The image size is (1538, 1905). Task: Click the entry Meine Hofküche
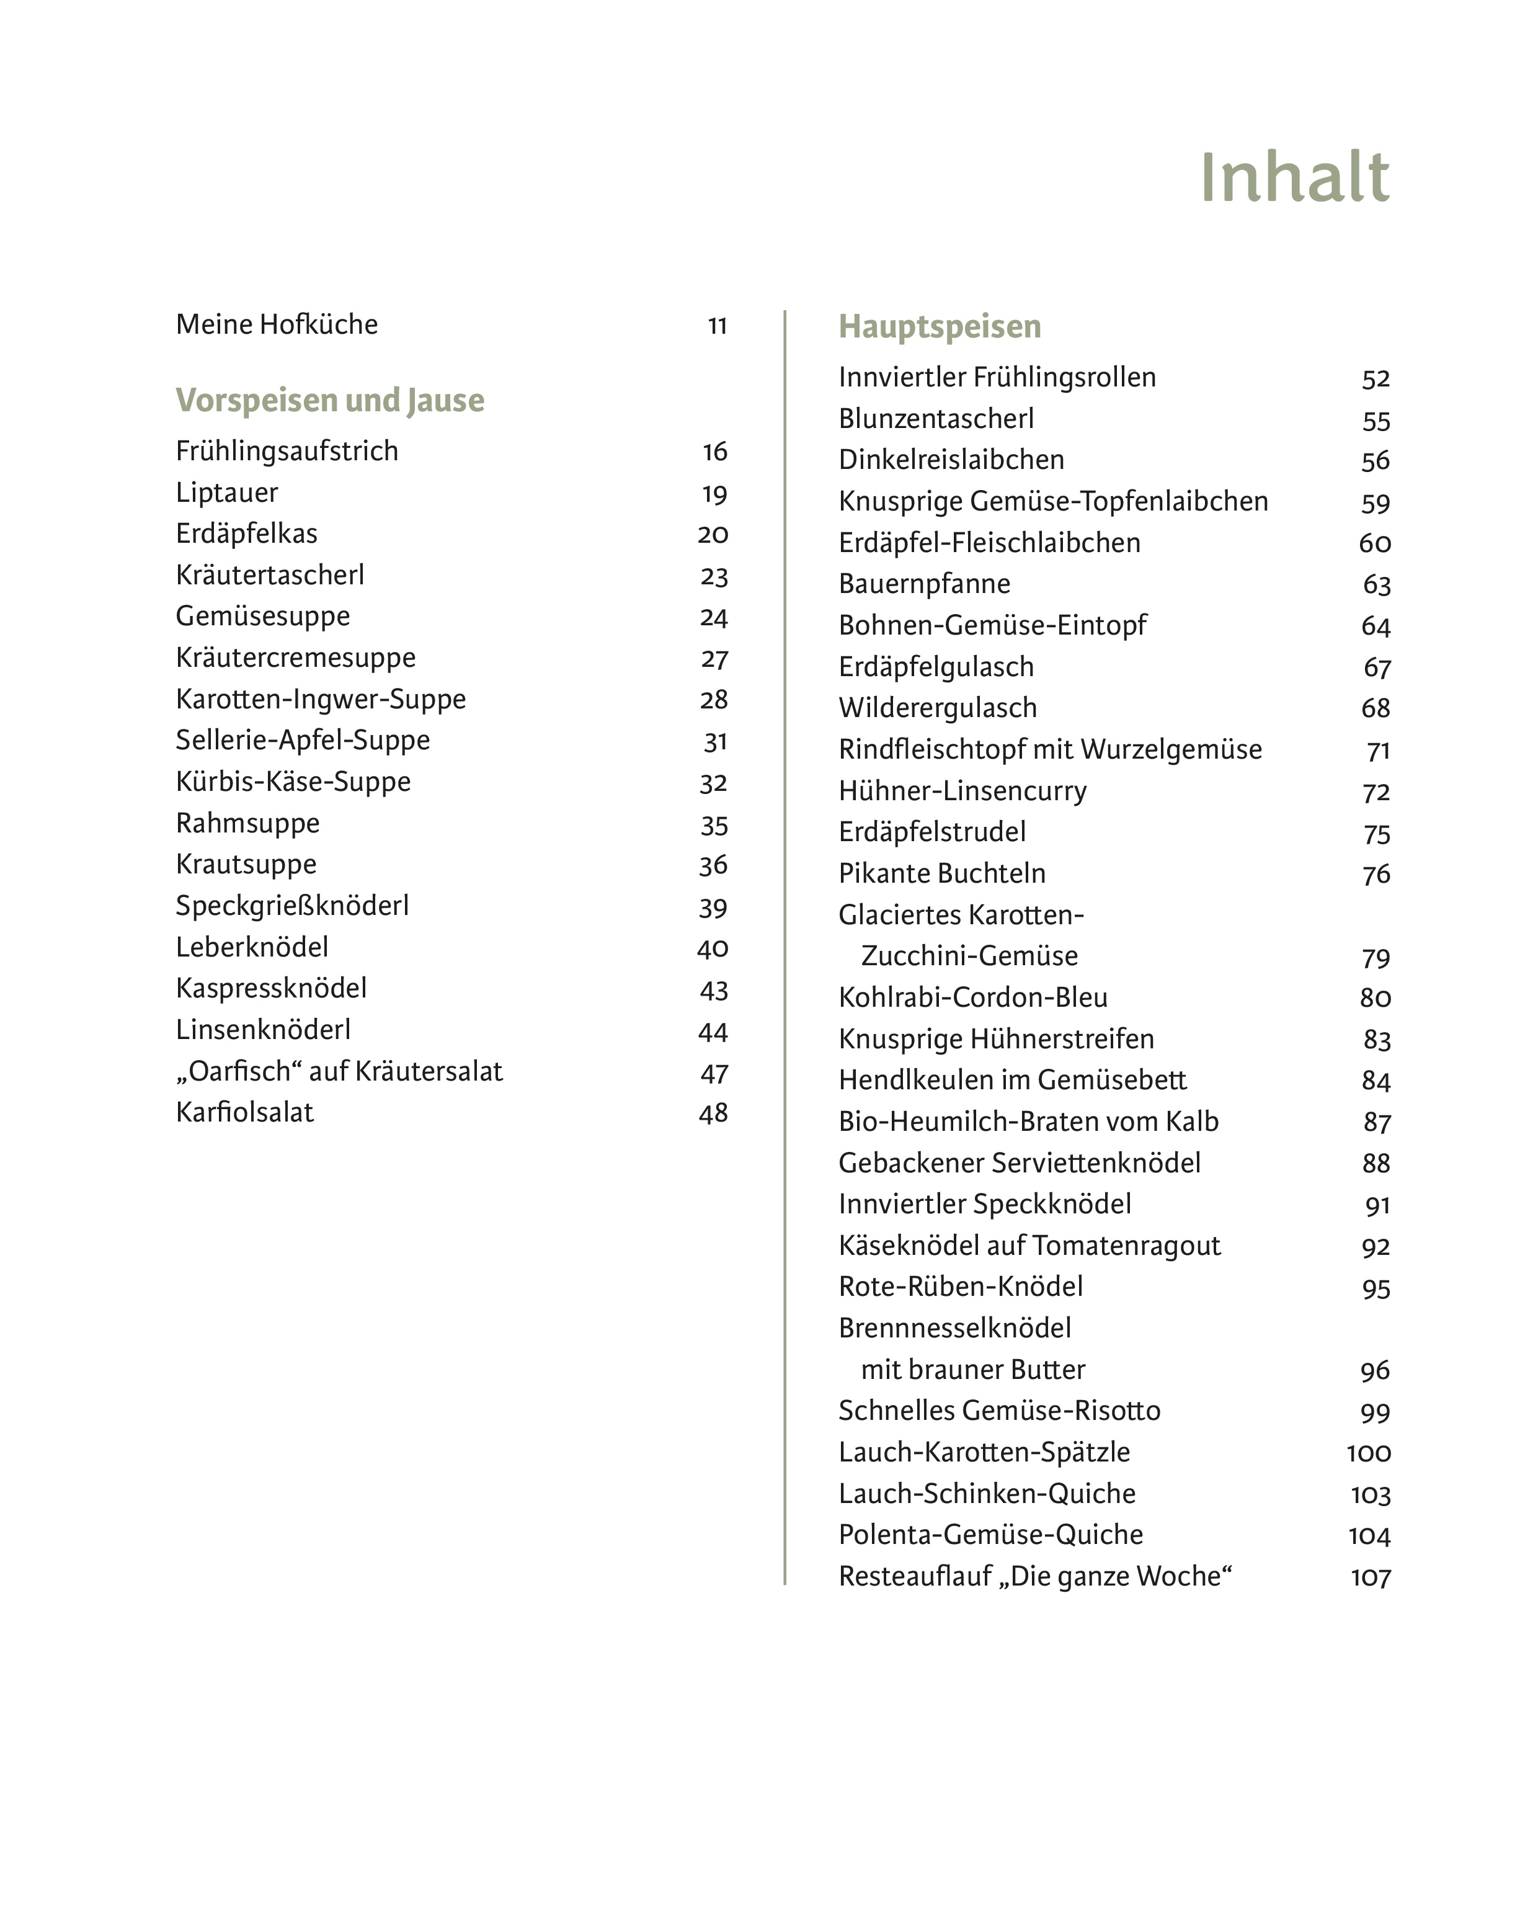coord(277,325)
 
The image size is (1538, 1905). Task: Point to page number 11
coord(717,327)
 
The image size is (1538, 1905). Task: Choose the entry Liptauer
coord(227,493)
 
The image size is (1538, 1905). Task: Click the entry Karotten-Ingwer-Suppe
coord(321,699)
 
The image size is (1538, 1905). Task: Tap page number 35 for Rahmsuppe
coord(714,826)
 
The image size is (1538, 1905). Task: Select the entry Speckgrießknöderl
coord(292,906)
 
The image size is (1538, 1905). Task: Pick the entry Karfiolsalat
coord(244,1113)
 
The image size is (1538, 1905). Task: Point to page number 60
coord(1374,543)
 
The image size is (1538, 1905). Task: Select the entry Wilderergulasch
coord(937,708)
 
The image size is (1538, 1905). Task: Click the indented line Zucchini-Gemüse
coord(969,956)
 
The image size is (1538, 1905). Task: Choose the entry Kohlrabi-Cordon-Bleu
coord(973,997)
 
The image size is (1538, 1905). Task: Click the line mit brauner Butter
coord(973,1370)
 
